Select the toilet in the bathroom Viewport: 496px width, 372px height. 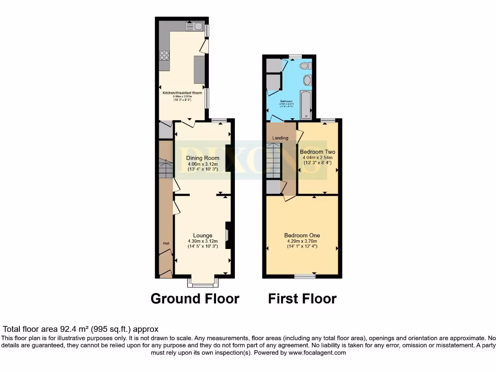304,65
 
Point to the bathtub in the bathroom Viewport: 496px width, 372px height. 306,104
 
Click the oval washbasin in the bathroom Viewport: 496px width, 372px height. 307,80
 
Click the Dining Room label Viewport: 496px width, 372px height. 202,158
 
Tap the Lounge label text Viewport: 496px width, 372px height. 202,235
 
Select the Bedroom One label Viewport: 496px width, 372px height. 302,235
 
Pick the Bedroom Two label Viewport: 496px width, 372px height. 317,152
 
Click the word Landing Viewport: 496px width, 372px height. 280,138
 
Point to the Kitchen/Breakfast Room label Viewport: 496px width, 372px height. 182,93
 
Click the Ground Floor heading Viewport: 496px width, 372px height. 195,298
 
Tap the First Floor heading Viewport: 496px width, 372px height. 302,298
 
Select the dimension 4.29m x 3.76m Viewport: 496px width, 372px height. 302,241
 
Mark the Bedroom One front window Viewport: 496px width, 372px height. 304,277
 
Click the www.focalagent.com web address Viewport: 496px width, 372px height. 317,353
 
